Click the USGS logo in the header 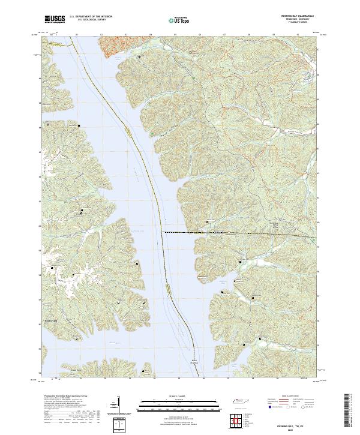coord(55,19)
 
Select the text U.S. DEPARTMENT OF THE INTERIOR coord(91,16)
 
